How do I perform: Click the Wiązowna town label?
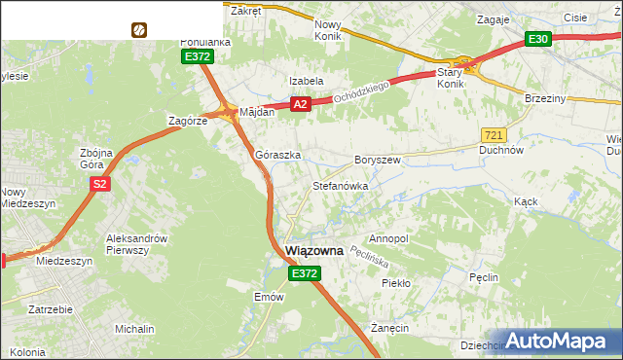314,251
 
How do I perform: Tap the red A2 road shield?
300,104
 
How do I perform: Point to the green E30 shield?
538,39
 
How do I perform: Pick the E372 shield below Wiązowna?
305,274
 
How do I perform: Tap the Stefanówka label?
340,185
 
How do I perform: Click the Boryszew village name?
378,160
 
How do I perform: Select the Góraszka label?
277,155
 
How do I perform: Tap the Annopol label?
388,238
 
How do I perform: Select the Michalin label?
134,330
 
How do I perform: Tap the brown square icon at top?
139,30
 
